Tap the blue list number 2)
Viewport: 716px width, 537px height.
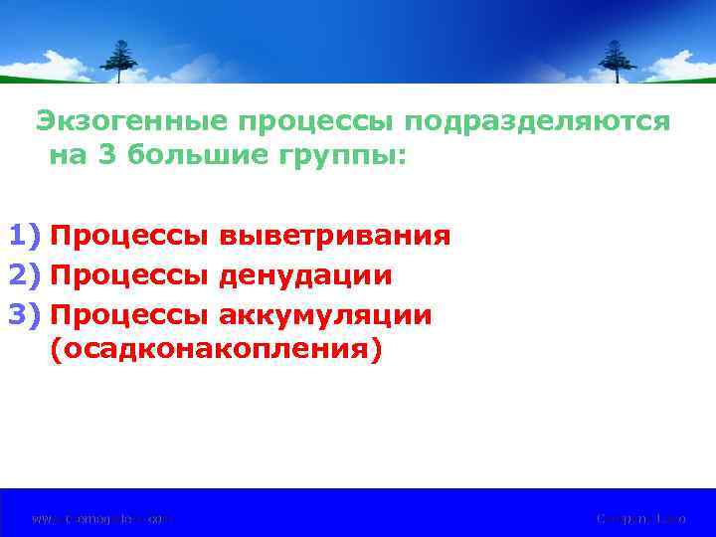click(x=24, y=275)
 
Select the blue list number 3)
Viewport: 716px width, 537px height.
click(x=24, y=315)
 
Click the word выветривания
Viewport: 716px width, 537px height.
click(x=334, y=237)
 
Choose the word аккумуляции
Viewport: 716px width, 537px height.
click(x=325, y=315)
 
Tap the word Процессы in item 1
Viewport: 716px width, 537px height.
click(x=129, y=237)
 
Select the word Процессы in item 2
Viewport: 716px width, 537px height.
click(x=129, y=275)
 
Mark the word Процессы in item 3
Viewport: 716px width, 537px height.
click(x=129, y=315)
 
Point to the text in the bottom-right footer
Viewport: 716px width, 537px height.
click(x=641, y=518)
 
